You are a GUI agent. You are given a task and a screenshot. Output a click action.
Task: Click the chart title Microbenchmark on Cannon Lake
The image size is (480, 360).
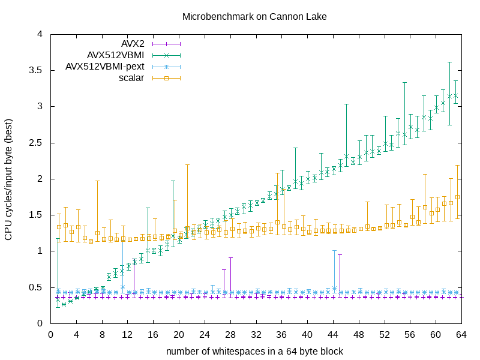pos(254,17)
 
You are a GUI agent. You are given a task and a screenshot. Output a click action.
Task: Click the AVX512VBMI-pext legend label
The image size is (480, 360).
pos(104,67)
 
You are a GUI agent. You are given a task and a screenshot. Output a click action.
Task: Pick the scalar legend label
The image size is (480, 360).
pos(131,78)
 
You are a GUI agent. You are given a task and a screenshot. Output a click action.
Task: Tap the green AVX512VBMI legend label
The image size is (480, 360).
pos(115,55)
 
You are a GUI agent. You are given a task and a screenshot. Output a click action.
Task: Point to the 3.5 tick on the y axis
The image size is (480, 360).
pos(36,71)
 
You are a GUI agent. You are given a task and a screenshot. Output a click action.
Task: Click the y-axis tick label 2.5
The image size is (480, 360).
pos(36,143)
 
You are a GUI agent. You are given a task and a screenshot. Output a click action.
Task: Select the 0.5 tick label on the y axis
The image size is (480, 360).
pos(36,287)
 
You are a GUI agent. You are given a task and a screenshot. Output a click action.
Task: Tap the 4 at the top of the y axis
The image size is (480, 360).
pos(40,35)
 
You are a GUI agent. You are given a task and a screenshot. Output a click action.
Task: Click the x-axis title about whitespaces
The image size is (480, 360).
pos(254,350)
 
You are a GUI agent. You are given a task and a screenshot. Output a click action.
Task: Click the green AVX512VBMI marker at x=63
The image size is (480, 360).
pos(455,95)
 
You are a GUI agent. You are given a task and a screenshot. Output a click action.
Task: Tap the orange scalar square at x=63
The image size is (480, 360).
pos(457,197)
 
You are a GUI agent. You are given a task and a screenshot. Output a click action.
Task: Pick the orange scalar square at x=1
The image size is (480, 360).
pos(59,227)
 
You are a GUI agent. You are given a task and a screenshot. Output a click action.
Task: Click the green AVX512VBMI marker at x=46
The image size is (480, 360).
pos(346,156)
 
